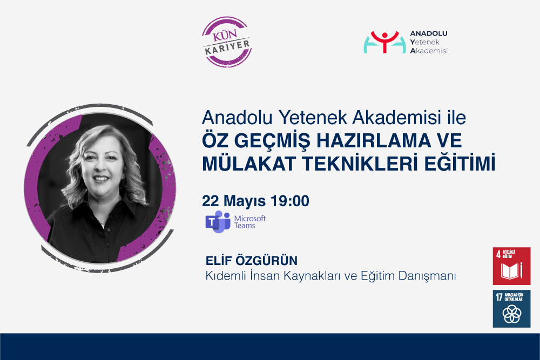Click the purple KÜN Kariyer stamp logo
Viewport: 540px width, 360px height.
click(226, 42)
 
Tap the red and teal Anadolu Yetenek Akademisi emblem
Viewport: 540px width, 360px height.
click(384, 42)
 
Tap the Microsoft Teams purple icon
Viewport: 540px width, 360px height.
click(218, 222)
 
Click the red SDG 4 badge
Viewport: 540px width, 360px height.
click(511, 266)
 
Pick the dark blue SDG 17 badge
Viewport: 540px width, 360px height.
click(511, 308)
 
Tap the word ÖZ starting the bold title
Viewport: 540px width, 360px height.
click(214, 141)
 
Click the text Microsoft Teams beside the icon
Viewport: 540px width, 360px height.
click(249, 222)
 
